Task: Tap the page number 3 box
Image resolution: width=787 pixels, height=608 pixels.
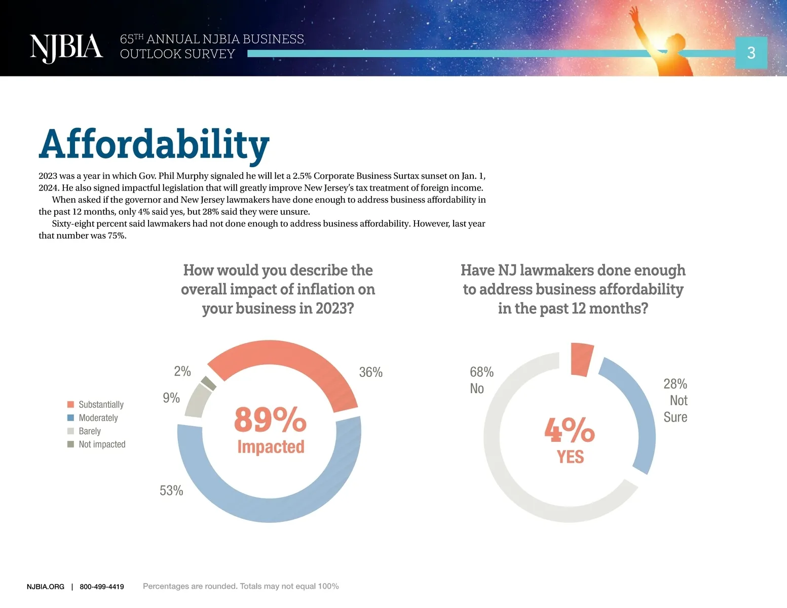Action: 751,53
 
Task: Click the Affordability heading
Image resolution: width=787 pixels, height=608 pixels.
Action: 154,144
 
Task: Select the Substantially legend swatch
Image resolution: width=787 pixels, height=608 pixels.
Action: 71,404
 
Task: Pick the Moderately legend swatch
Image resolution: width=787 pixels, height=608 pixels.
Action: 71,418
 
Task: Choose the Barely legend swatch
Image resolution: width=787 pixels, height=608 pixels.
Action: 71,431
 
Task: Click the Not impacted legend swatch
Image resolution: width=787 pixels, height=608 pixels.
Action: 71,444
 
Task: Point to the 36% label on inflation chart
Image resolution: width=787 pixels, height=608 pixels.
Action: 370,372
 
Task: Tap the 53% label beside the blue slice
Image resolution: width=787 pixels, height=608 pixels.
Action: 171,490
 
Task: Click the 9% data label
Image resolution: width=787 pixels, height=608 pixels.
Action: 171,398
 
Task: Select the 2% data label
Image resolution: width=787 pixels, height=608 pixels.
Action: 182,371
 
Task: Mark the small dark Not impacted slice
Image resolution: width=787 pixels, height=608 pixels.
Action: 209,383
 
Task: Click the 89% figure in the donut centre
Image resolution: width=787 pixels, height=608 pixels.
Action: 270,420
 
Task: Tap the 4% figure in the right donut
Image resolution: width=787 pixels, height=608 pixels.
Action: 570,430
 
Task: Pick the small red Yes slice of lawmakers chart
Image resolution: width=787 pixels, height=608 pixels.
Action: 581,359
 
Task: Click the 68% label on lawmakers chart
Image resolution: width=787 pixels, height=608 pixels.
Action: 481,372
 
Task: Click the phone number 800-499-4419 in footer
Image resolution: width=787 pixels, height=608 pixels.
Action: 102,587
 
